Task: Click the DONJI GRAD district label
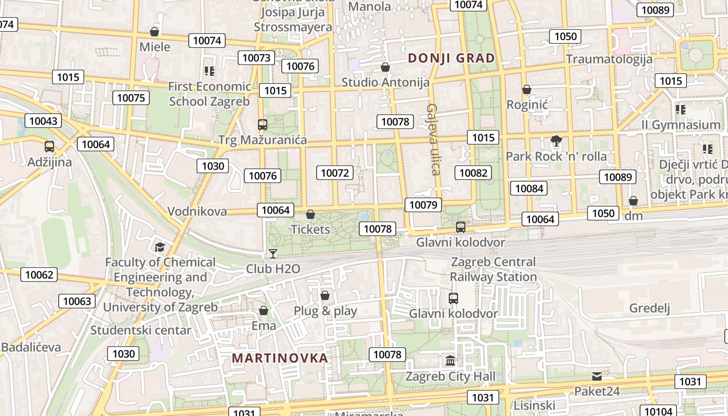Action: point(451,58)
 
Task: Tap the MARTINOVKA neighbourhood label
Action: point(280,358)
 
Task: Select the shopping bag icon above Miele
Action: point(154,32)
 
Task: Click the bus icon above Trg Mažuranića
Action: point(263,125)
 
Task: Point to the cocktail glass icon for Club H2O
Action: point(272,254)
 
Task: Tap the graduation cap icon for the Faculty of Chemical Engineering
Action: point(160,247)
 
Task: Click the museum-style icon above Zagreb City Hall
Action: point(450,360)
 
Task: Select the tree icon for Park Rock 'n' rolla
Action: point(556,141)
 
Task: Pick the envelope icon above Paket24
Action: point(596,376)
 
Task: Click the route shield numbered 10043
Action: point(44,121)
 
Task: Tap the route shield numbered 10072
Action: point(335,173)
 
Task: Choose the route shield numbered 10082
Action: point(473,173)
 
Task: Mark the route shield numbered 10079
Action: point(423,205)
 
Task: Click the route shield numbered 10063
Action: point(77,301)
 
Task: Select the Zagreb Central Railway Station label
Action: point(493,269)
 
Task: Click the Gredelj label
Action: point(649,308)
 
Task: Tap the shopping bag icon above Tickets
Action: point(310,214)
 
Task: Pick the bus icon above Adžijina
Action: point(49,147)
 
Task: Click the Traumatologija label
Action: point(609,59)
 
